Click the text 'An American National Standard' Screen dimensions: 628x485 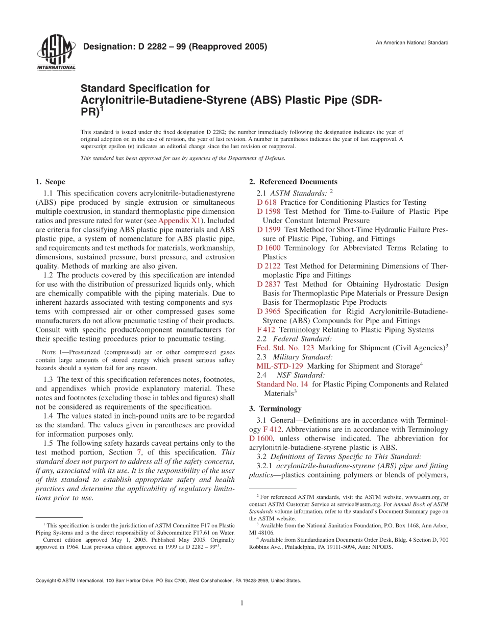point(412,42)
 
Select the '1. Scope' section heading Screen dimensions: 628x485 point(50,182)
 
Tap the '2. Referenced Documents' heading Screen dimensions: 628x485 point(293,182)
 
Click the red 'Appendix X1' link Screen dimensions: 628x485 point(180,221)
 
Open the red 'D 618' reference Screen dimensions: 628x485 point(266,202)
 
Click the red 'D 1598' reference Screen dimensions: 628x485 point(269,211)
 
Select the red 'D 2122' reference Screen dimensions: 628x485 point(269,266)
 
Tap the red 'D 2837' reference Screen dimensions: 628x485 point(269,284)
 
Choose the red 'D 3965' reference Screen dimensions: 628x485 point(269,311)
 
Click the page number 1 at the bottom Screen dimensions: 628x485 point(242,603)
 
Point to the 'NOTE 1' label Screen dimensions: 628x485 point(52,352)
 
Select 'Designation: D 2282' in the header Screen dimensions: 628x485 point(120,47)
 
